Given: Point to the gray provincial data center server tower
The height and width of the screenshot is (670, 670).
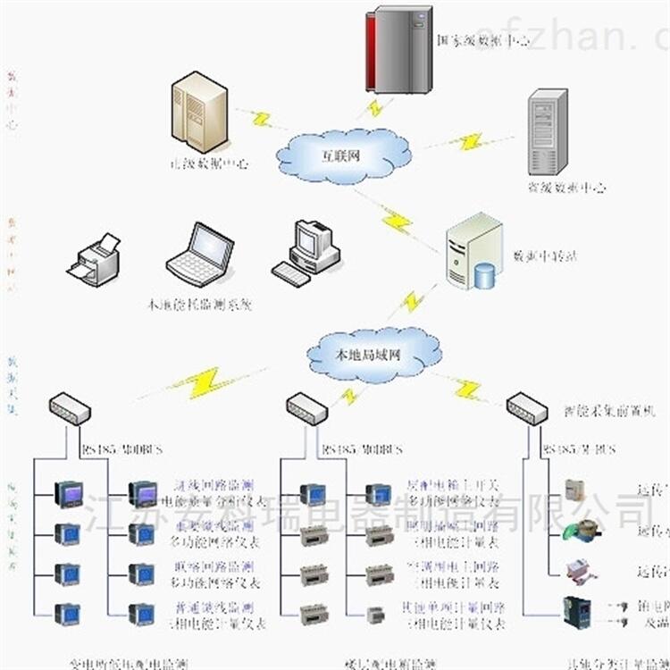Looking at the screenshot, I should tap(548, 132).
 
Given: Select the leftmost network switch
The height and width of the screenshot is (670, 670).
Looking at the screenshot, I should tap(70, 408).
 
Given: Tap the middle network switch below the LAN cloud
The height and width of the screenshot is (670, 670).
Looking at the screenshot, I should tap(307, 409).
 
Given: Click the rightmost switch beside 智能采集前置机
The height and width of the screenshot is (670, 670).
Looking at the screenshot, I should tap(527, 408).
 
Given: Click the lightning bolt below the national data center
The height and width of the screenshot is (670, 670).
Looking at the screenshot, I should tap(376, 108).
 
